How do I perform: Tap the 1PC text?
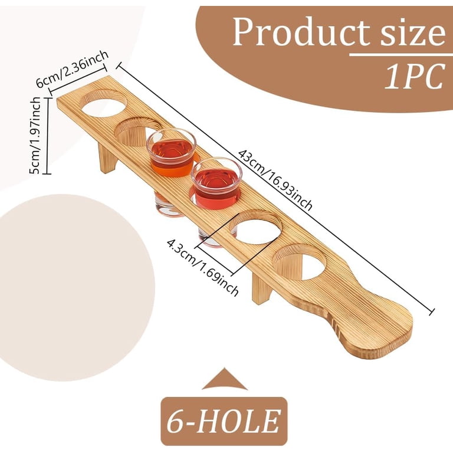[414, 76]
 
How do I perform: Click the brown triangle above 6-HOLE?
[225, 380]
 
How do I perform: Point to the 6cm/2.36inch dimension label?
[72, 70]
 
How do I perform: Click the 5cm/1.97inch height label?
[35, 135]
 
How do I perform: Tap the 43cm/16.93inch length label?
[275, 180]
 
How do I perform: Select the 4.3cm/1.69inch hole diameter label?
[203, 267]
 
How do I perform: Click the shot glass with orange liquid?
[171, 153]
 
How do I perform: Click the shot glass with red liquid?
[216, 183]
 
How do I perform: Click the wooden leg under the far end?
[107, 158]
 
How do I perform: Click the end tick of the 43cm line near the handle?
[432, 311]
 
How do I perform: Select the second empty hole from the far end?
[138, 130]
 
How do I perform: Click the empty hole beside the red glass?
[256, 227]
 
